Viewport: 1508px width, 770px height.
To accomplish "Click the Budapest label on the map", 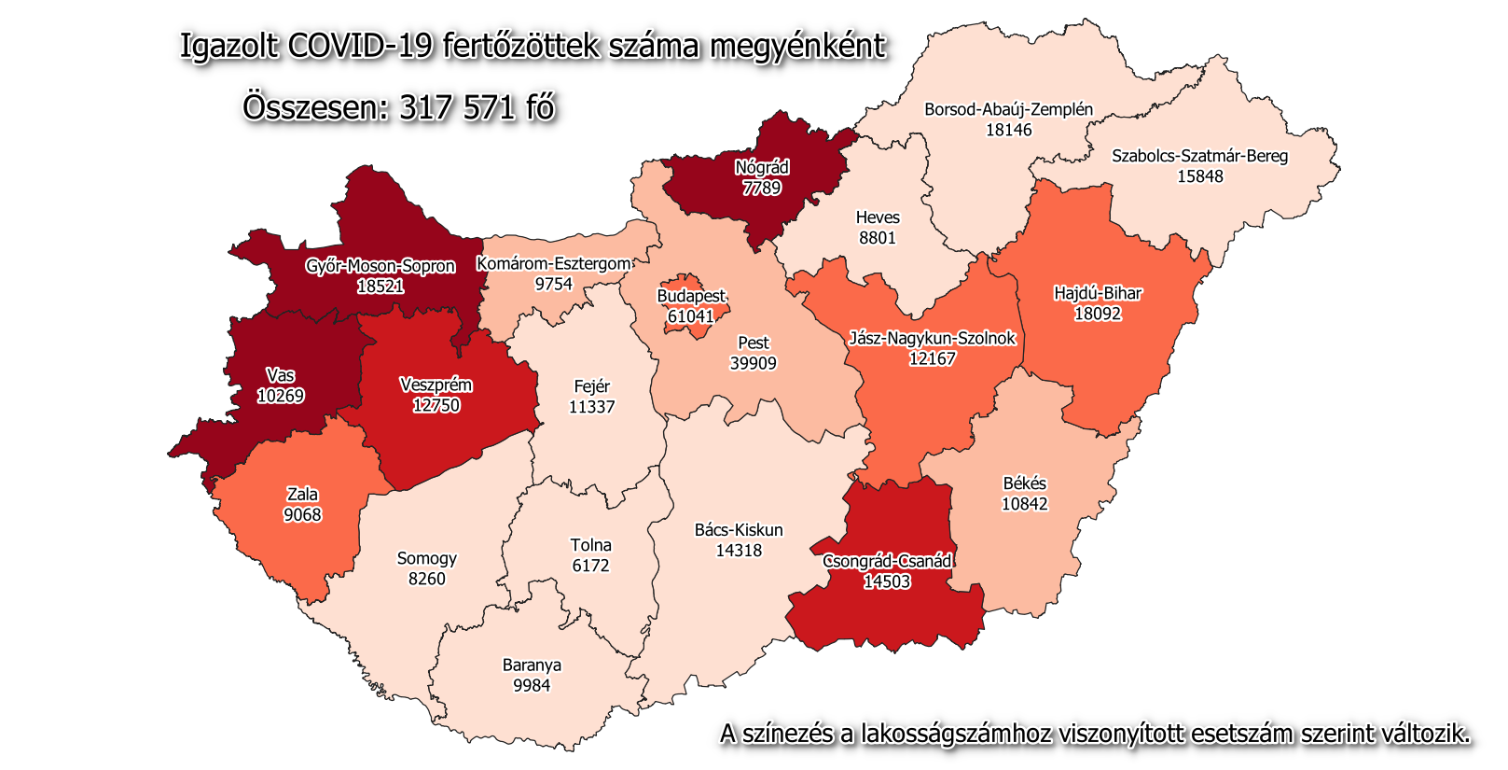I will point(691,296).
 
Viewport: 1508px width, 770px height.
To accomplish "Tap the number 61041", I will point(691,316).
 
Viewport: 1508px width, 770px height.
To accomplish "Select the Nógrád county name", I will point(762,167).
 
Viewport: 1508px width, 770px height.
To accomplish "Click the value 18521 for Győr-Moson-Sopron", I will point(380,287).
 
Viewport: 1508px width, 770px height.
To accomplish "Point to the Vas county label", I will point(280,375).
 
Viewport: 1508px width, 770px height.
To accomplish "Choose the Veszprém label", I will point(436,385).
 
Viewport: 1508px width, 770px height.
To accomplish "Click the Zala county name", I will point(302,495).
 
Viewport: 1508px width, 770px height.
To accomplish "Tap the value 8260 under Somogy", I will point(427,579).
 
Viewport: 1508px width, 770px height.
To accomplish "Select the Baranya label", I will point(532,665).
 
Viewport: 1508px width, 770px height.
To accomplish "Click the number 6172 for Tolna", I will point(590,566).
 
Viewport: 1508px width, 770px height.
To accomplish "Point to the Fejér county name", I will point(592,386).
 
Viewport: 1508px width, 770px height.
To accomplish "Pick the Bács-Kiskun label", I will point(739,530).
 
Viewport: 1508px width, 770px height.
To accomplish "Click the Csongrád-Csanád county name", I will point(887,561).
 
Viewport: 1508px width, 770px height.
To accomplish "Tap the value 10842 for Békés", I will point(1025,504).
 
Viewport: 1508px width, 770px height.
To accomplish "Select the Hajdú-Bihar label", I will point(1098,293).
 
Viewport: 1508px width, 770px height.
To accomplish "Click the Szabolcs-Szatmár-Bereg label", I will point(1199,156).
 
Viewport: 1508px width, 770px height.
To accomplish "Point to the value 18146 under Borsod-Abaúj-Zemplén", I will point(1009,130).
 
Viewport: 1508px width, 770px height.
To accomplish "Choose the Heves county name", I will point(878,217).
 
